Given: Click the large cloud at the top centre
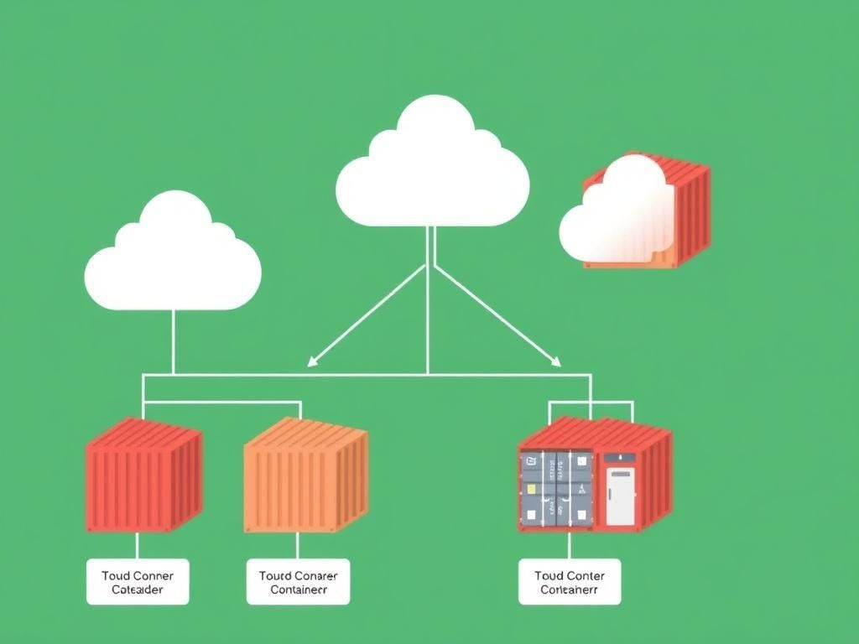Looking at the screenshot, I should (x=432, y=172).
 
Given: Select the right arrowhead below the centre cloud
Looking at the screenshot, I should (x=555, y=361).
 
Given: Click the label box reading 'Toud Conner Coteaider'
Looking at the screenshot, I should (x=138, y=582).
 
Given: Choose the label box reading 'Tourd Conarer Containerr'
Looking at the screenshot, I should (x=298, y=582).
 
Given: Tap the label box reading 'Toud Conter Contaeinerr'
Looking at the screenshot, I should (x=570, y=582).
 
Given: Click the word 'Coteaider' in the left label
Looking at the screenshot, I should (x=138, y=589).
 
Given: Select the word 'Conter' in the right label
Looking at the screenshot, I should (x=586, y=575).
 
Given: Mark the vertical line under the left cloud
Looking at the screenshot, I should (x=173, y=340).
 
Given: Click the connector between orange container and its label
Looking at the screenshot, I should (x=297, y=546).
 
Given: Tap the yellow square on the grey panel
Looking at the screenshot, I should (x=530, y=487).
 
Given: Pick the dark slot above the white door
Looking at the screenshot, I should (x=620, y=458).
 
